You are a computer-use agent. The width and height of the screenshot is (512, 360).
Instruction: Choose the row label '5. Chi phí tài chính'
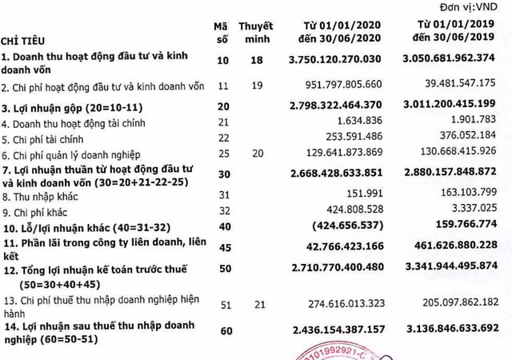(x=47, y=136)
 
